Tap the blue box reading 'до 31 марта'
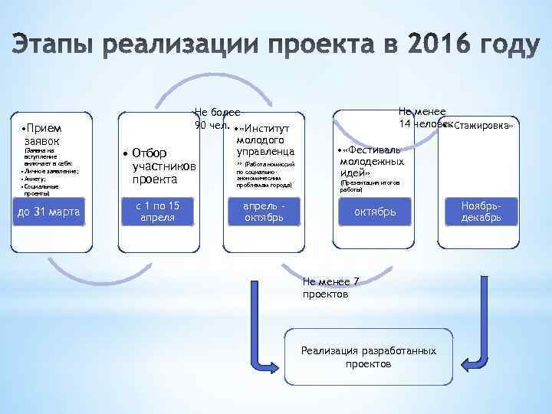(48, 212)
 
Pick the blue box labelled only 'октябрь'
(375, 212)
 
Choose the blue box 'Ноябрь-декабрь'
(481, 212)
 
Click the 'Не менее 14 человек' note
(422, 118)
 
